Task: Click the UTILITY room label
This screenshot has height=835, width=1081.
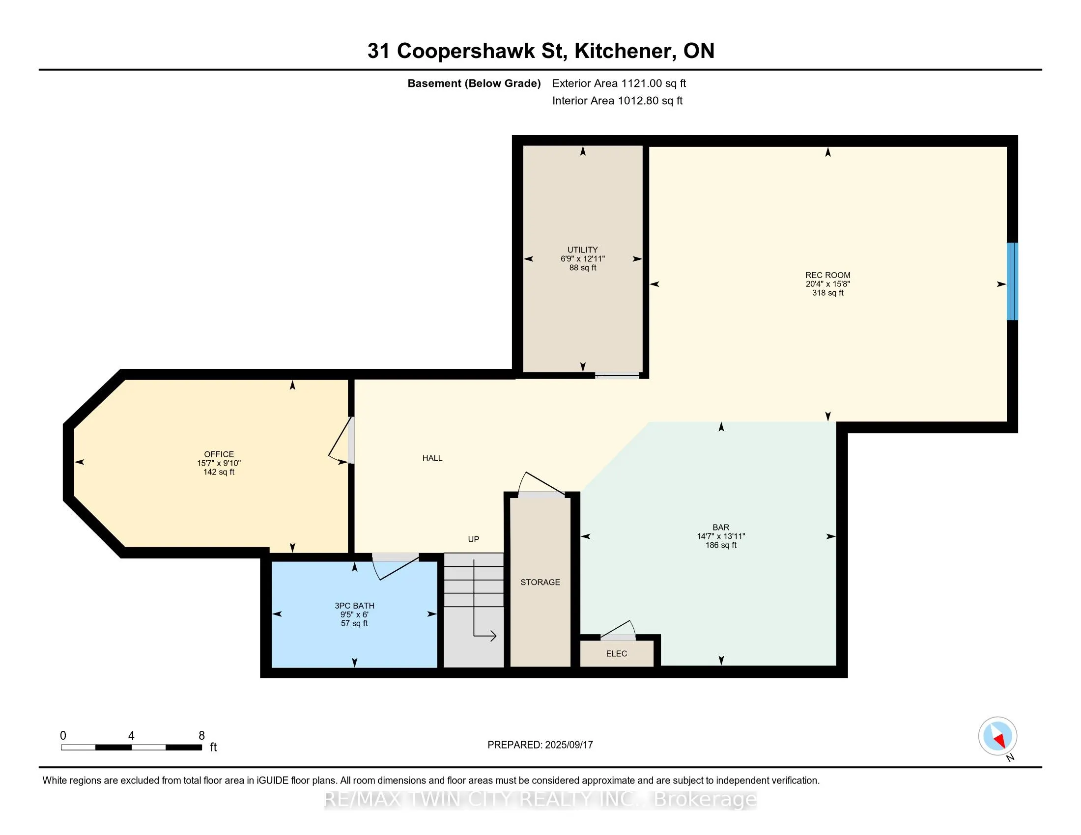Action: [x=583, y=250]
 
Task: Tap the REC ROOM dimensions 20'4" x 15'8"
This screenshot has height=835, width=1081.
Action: [x=827, y=284]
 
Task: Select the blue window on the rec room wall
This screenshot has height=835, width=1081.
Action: [x=1013, y=281]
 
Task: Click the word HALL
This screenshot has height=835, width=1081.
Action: [x=432, y=458]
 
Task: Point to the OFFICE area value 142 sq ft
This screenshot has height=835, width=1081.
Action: [x=219, y=472]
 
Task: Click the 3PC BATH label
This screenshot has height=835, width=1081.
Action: [x=354, y=606]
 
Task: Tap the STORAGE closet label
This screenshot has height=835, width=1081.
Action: [x=540, y=582]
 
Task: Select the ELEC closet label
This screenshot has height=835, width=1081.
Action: [x=616, y=653]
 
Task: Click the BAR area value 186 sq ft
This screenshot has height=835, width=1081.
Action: [x=721, y=545]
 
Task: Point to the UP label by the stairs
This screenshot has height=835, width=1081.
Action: [x=474, y=539]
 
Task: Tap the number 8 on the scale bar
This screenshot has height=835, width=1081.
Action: [x=201, y=736]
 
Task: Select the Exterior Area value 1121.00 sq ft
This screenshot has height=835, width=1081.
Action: [x=654, y=83]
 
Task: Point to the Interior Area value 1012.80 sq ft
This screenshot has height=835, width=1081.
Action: [x=650, y=100]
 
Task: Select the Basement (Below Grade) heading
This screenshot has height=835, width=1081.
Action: [x=474, y=83]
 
